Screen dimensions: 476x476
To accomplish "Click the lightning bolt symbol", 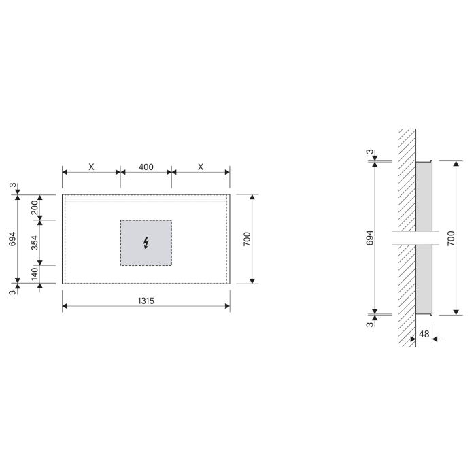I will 146,243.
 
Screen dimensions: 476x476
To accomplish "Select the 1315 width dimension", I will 146,300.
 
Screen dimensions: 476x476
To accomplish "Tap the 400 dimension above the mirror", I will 146,167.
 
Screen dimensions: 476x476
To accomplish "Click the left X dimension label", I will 91,167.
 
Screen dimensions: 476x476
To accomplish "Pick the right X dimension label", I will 201,167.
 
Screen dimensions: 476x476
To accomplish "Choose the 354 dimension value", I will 35,243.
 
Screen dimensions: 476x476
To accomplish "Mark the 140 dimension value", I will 35,274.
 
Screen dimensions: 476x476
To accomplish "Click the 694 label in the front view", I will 12,239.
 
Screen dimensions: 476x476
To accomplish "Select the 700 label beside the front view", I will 247,239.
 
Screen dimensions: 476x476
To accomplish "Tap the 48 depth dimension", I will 424,333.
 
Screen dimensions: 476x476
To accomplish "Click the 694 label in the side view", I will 369,238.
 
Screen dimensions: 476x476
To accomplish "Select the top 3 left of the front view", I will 12,185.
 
